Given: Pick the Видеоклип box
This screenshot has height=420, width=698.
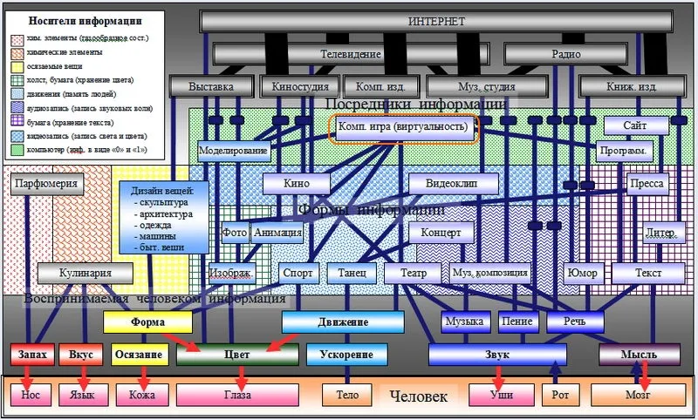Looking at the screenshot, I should click(453, 184).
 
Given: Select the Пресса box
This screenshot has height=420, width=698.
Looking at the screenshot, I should click(647, 184).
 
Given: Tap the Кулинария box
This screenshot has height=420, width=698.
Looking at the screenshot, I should click(85, 273).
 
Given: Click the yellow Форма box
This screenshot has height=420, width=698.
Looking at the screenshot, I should click(147, 322).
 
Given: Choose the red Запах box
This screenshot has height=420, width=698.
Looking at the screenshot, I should click(32, 355).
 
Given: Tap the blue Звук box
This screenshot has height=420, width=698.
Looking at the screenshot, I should click(497, 355).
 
